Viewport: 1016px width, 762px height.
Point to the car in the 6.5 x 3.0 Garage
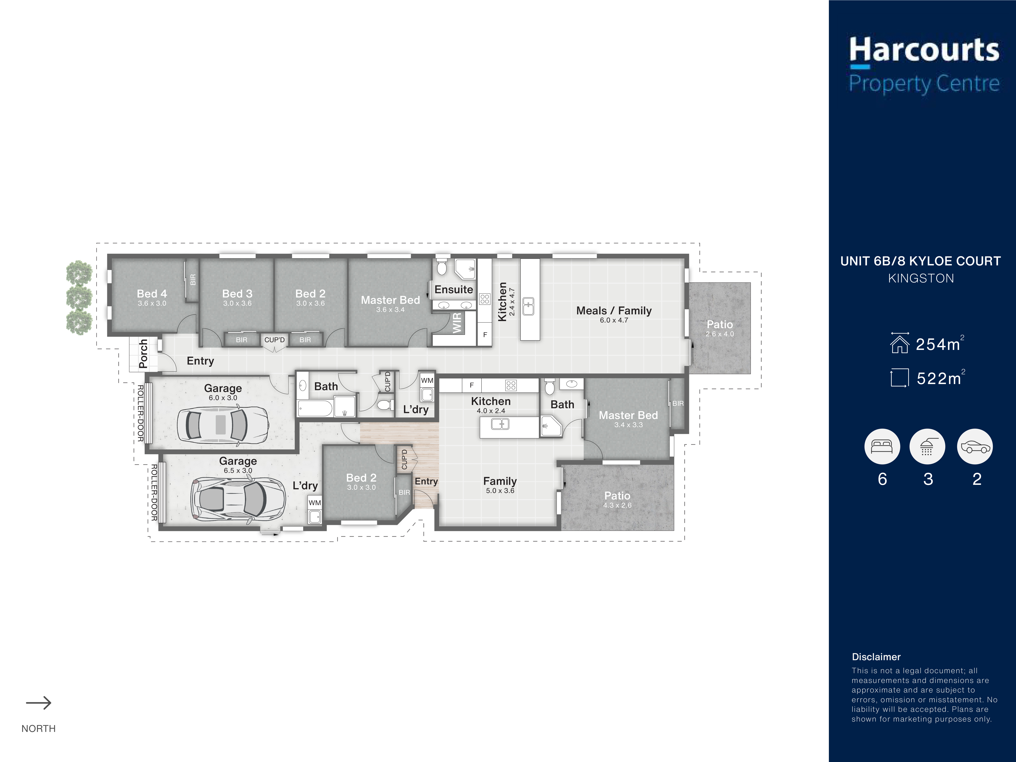tap(238, 500)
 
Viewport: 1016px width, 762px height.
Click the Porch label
tap(143, 354)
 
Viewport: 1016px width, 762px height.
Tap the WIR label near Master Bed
tap(457, 322)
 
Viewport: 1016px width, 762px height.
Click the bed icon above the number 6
tap(882, 446)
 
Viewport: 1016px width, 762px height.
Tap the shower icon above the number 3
tap(927, 446)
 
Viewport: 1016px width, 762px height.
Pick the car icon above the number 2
tap(975, 446)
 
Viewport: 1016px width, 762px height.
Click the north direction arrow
tap(39, 703)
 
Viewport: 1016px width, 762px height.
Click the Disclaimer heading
tap(876, 657)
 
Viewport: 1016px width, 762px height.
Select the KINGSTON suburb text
tap(921, 278)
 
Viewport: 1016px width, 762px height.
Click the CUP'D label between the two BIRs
tap(274, 340)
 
